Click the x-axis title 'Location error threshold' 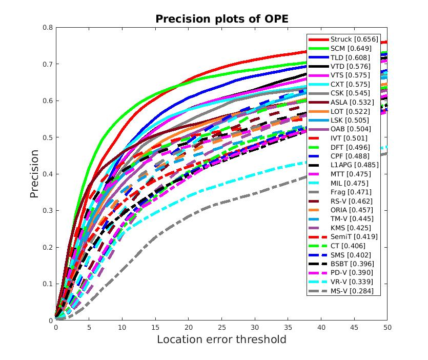coord(221,339)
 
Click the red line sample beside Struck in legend coord(318,39)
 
